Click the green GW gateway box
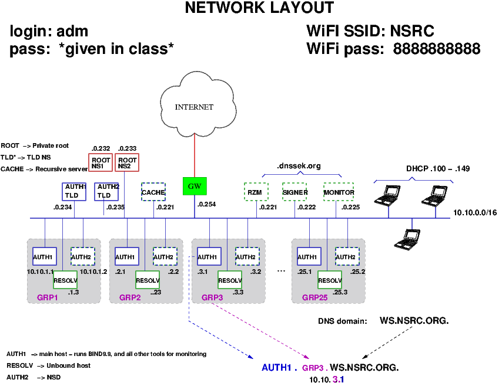click(195, 187)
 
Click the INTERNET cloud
click(194, 106)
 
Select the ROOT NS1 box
click(100, 162)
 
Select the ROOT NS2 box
click(126, 162)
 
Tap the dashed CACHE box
click(153, 192)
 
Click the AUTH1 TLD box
click(74, 191)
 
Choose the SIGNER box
click(294, 192)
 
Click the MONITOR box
click(339, 192)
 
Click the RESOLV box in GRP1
click(65, 280)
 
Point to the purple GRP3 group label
click(212, 297)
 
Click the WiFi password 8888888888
click(437, 49)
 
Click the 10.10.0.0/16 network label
click(475, 212)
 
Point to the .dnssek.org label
click(299, 166)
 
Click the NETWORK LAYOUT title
click(259, 8)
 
